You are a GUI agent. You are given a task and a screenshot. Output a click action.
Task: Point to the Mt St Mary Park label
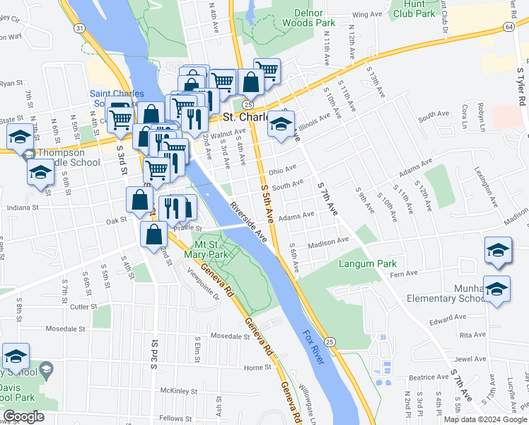tap(205, 248)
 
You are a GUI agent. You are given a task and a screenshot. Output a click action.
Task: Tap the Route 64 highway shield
tap(508, 26)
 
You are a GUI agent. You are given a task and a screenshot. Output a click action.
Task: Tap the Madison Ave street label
tap(329, 241)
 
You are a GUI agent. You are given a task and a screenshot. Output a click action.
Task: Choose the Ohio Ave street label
tap(281, 170)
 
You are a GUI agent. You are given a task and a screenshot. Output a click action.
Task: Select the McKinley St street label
tap(178, 390)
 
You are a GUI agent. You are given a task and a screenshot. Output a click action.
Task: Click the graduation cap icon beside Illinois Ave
tap(281, 125)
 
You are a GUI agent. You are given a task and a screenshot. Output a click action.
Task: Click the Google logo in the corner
tap(23, 416)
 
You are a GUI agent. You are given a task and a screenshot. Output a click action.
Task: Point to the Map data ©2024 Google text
tap(485, 419)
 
